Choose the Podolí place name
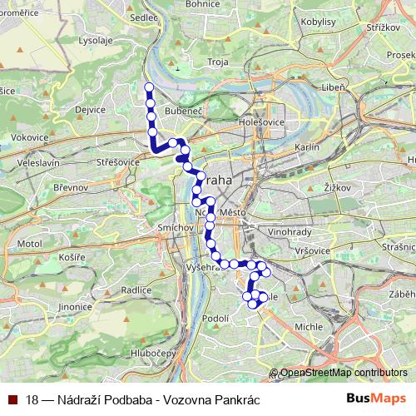click(x=215, y=318)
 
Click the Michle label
click(x=309, y=326)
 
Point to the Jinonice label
click(x=52, y=307)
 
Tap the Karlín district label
click(x=307, y=146)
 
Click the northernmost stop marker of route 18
click(x=149, y=87)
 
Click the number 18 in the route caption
click(x=32, y=399)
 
